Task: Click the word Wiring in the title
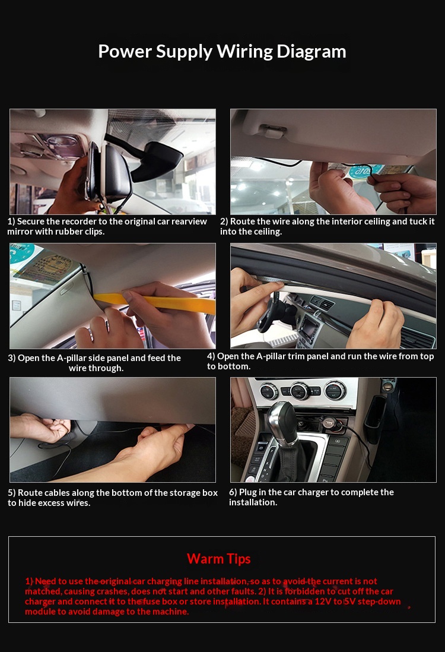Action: [241, 52]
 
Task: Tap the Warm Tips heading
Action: [218, 559]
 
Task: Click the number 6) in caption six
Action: [233, 492]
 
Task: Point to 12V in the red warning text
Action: [322, 602]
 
